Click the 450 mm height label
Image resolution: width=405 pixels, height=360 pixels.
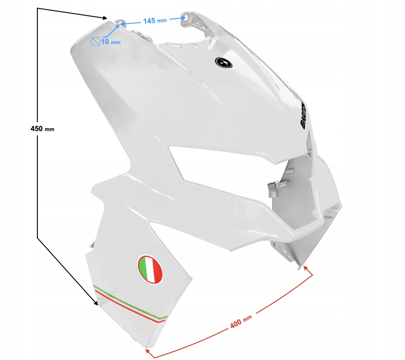(42, 129)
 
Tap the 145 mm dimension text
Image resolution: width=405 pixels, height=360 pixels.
(155, 20)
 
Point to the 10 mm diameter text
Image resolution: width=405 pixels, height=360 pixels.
(111, 42)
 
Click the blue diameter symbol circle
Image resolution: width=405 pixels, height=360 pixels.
(95, 42)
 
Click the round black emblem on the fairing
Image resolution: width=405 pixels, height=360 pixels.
(224, 63)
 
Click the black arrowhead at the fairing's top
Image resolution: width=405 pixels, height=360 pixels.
(105, 18)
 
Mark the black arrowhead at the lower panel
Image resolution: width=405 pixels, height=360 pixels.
(95, 304)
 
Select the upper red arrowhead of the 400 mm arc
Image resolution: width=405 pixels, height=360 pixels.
(306, 268)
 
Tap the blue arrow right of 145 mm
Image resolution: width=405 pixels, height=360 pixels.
(175, 19)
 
